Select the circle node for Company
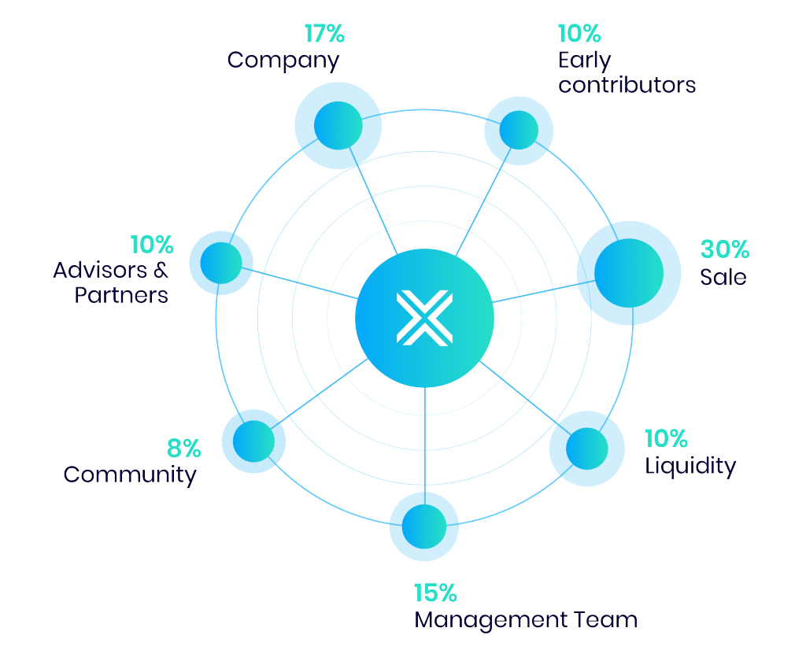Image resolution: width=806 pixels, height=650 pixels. [338, 124]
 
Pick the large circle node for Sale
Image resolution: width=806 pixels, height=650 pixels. [627, 271]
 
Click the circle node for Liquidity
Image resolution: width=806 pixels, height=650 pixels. [586, 449]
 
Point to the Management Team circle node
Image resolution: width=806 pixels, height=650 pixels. [423, 526]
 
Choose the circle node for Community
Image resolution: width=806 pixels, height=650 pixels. [253, 441]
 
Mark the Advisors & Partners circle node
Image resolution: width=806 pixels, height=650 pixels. [221, 264]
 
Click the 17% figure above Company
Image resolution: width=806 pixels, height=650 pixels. [324, 34]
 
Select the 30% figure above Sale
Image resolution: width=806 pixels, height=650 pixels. [724, 249]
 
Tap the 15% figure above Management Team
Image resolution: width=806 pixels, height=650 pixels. [434, 593]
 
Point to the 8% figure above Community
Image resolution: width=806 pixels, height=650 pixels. [183, 449]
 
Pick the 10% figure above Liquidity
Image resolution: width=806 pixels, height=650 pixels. [666, 439]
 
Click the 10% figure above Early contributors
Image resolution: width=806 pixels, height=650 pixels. [579, 34]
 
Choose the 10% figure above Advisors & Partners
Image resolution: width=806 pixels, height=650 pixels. [151, 245]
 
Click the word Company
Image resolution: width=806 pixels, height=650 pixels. [283, 61]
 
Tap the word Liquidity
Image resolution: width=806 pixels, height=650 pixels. [690, 466]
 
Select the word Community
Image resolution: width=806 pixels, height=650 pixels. [130, 475]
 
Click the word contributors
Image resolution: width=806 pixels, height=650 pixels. [627, 85]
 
